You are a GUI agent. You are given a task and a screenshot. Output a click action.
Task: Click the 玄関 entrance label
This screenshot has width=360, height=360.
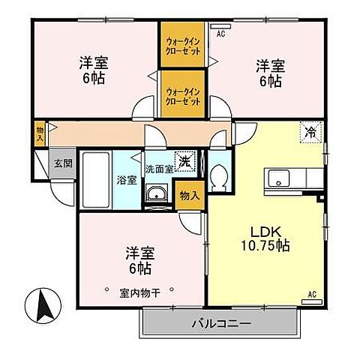pos(63,163)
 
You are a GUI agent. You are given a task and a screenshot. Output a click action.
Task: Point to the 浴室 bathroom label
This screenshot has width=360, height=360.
pos(126,180)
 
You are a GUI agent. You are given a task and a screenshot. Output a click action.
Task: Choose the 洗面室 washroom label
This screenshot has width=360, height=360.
pos(159,169)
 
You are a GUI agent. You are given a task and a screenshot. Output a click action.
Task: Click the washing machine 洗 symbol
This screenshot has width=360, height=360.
pos(184,160)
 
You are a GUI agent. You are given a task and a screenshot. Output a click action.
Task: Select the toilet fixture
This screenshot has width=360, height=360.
pos(218,178)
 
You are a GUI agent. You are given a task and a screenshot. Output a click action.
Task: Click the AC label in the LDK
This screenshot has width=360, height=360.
pos(313,295)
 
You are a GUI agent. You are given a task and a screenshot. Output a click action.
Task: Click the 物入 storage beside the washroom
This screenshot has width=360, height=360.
pos(190,196)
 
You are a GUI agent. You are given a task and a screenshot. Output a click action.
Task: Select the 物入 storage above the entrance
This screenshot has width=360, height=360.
pos(40,133)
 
